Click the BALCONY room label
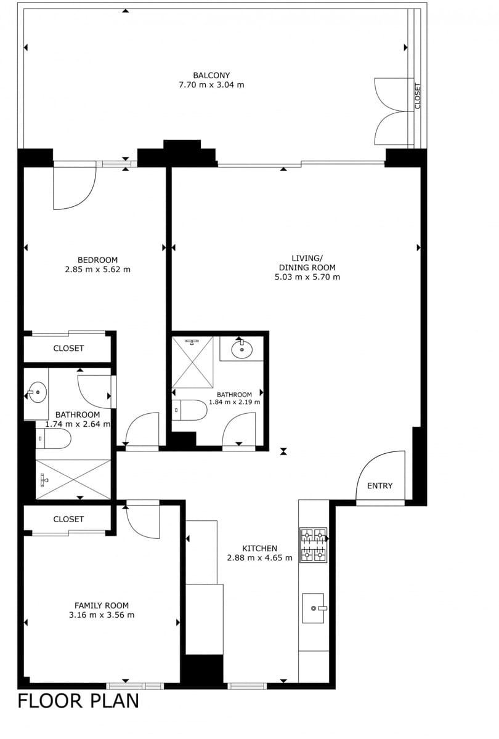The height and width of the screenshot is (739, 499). (211, 76)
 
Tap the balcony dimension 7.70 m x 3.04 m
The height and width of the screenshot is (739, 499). (211, 85)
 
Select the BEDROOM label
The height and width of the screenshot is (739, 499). (98, 260)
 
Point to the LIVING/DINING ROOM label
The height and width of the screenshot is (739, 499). (307, 262)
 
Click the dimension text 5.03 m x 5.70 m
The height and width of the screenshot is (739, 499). (307, 277)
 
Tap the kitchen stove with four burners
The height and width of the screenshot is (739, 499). (313, 545)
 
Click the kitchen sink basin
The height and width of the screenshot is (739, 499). (313, 608)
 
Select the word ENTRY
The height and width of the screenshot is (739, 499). (380, 486)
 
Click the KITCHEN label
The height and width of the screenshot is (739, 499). (260, 548)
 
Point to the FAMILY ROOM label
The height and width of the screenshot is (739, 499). (102, 605)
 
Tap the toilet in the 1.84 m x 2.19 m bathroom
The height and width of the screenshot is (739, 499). (190, 410)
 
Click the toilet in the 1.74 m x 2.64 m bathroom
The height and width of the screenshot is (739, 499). (53, 438)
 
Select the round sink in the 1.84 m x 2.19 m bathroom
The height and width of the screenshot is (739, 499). (242, 350)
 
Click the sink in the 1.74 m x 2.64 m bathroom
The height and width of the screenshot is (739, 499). (36, 392)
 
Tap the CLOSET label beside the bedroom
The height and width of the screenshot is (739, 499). (68, 349)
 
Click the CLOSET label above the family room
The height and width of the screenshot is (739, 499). (68, 519)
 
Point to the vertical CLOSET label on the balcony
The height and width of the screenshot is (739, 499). (418, 96)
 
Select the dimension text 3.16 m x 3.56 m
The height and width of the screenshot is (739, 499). (102, 615)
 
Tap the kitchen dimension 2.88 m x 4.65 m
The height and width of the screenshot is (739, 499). (260, 558)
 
